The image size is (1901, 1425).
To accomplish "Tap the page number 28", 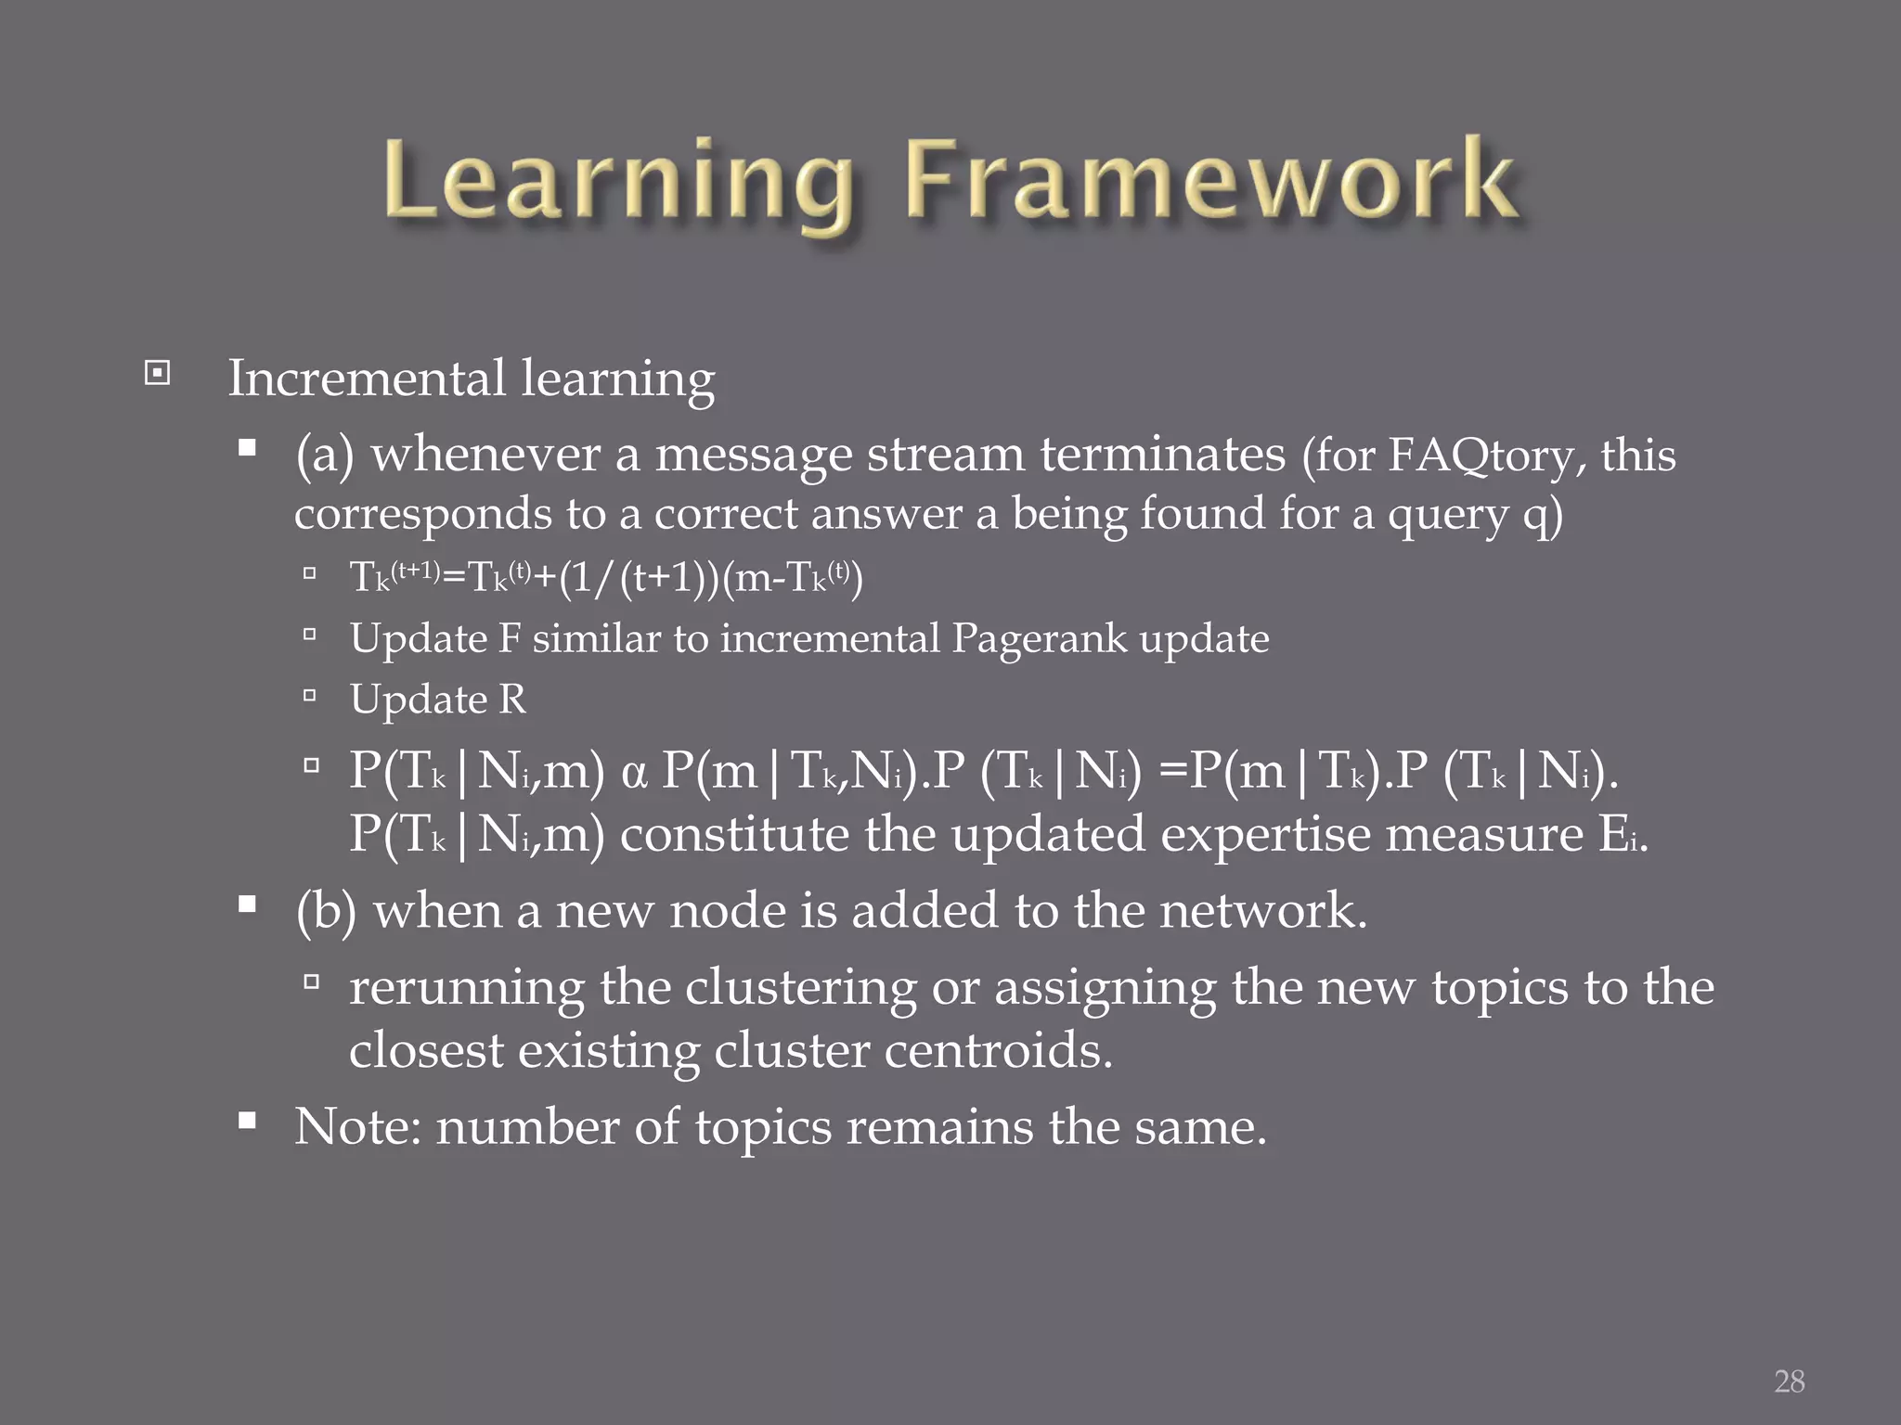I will [1789, 1381].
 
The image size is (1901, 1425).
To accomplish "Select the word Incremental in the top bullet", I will [368, 379].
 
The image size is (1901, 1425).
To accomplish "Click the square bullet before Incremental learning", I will [158, 374].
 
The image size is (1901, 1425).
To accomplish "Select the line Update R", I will [437, 700].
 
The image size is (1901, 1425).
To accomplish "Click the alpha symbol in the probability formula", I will [634, 773].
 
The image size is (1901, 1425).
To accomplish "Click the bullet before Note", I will [247, 1121].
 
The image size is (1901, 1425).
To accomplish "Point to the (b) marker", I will [326, 911].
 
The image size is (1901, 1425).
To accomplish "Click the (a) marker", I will [325, 456].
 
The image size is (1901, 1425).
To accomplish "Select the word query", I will [1447, 515].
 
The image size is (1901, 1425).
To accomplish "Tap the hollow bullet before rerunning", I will [311, 981].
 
